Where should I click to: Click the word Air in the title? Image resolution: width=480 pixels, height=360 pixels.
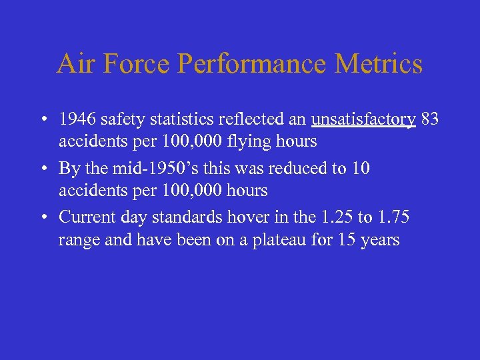coord(73,64)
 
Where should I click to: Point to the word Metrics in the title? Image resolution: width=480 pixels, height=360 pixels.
coord(379,64)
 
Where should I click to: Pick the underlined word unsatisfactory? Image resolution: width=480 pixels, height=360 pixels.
coord(363,120)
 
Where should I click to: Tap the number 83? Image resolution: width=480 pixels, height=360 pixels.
coord(429,120)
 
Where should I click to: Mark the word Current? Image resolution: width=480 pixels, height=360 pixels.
coord(82,217)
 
